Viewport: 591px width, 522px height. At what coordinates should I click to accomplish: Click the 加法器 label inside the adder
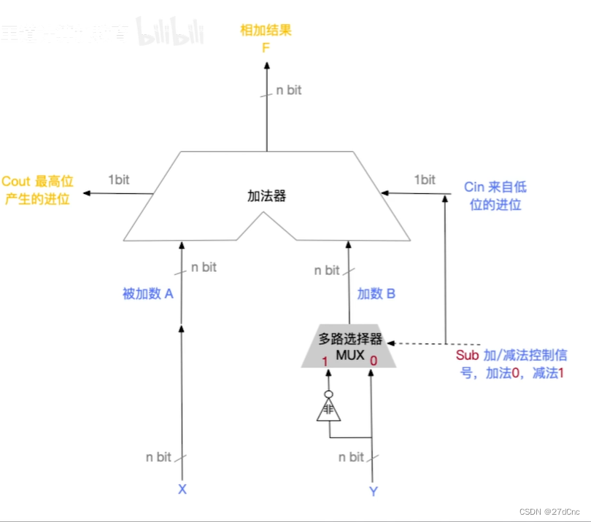pyautogui.click(x=266, y=196)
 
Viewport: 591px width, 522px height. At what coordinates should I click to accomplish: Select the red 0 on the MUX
pyautogui.click(x=374, y=360)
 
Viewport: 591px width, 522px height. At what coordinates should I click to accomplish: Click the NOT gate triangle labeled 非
pyautogui.click(x=328, y=410)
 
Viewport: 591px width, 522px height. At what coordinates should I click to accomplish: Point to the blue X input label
pyautogui.click(x=182, y=489)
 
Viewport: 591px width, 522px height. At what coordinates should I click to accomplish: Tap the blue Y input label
pyautogui.click(x=374, y=491)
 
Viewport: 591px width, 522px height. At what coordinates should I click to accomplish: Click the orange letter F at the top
pyautogui.click(x=266, y=48)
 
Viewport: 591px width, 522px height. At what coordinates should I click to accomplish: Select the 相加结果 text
pyautogui.click(x=266, y=31)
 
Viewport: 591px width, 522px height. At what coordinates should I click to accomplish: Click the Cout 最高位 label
pyautogui.click(x=36, y=182)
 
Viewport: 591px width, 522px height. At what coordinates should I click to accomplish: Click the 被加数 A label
pyautogui.click(x=148, y=294)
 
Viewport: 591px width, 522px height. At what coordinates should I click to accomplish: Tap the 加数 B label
pyautogui.click(x=376, y=294)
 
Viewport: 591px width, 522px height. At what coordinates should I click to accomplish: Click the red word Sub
pyautogui.click(x=467, y=356)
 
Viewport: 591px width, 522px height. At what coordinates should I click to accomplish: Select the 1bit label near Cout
pyautogui.click(x=120, y=179)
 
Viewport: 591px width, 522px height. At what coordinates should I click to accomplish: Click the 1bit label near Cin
pyautogui.click(x=425, y=179)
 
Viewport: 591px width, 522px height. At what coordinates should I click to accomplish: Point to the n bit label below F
pyautogui.click(x=288, y=90)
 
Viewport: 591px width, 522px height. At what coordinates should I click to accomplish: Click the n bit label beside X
pyautogui.click(x=158, y=457)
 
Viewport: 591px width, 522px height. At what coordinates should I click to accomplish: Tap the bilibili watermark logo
pyautogui.click(x=170, y=33)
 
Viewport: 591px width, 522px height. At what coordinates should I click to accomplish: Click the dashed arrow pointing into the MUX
pyautogui.click(x=416, y=343)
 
